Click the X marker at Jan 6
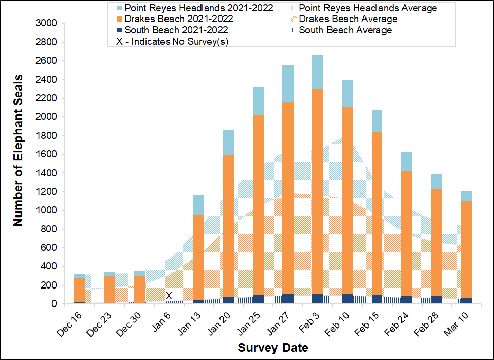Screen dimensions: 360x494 click(x=169, y=296)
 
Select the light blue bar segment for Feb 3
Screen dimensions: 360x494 click(x=318, y=72)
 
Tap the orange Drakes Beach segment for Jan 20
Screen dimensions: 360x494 click(x=228, y=226)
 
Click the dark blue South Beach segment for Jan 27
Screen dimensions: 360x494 click(x=288, y=299)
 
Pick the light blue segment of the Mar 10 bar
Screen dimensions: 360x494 click(x=467, y=196)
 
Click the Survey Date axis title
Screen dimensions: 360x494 click(x=273, y=348)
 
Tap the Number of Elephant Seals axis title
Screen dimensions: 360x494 click(x=19, y=164)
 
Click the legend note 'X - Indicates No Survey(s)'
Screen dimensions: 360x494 click(x=173, y=42)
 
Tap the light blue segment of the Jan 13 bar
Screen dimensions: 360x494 click(x=198, y=205)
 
